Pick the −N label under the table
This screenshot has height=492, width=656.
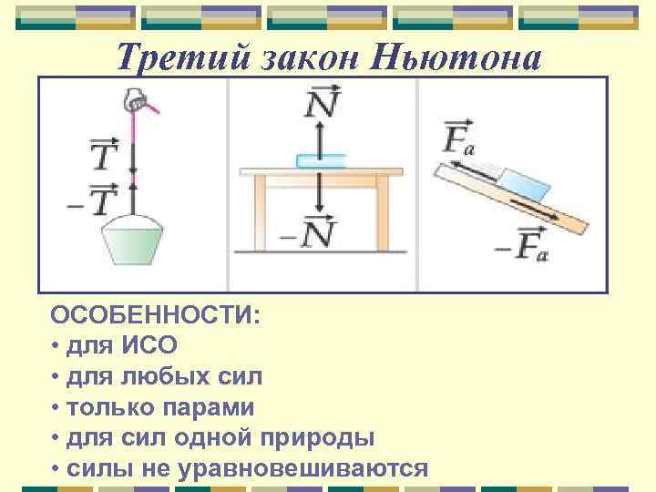[314, 235]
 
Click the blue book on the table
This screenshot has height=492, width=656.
[322, 161]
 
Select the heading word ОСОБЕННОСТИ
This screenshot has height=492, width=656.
[155, 315]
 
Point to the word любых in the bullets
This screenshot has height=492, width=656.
[159, 376]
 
